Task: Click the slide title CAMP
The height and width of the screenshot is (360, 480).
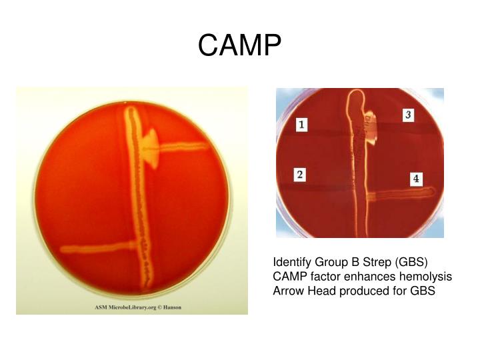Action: (x=240, y=45)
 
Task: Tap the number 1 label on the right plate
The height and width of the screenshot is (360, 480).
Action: (x=301, y=125)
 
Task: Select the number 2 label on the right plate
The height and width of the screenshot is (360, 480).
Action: (x=301, y=175)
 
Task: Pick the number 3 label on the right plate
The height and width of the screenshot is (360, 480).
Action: (x=408, y=115)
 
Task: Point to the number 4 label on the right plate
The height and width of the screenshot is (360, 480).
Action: (x=416, y=179)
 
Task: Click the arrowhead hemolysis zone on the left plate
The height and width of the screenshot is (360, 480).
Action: (x=155, y=144)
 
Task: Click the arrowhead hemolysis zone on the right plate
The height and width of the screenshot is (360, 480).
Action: (x=370, y=124)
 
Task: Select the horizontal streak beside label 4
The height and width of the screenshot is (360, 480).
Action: (x=400, y=195)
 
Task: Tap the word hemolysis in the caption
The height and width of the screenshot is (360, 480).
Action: (x=426, y=276)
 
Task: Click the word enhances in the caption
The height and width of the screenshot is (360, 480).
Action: (x=370, y=276)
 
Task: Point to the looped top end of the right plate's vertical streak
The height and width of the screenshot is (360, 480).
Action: (x=353, y=100)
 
